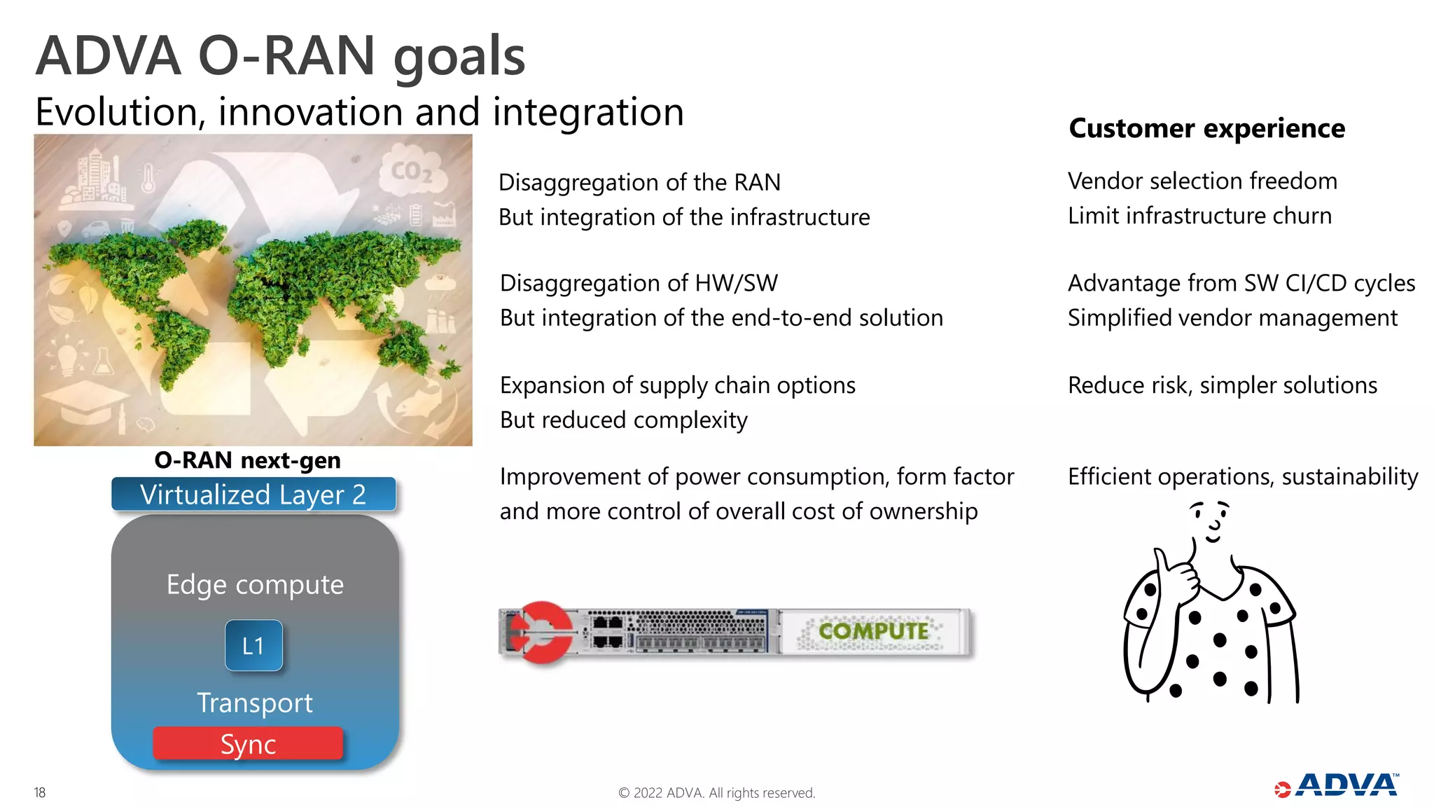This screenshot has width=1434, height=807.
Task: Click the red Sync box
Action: [248, 743]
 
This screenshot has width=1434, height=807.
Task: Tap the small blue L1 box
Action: [253, 645]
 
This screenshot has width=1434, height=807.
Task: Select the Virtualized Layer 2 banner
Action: [253, 495]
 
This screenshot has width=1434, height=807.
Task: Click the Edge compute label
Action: [255, 584]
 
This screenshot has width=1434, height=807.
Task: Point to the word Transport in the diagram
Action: [255, 703]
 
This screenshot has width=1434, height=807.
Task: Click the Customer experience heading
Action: [1206, 128]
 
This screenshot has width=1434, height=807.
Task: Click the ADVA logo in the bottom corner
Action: [1337, 786]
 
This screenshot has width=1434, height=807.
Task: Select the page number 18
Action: [40, 792]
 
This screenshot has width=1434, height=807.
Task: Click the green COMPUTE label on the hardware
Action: [873, 631]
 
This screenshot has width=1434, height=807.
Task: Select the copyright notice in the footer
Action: [717, 793]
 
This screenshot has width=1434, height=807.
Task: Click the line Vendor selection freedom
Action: [1202, 181]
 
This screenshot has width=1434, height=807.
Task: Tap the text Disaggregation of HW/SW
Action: [639, 283]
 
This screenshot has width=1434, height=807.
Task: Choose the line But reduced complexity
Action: [623, 420]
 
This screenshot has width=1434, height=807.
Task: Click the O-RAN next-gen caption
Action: [248, 460]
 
